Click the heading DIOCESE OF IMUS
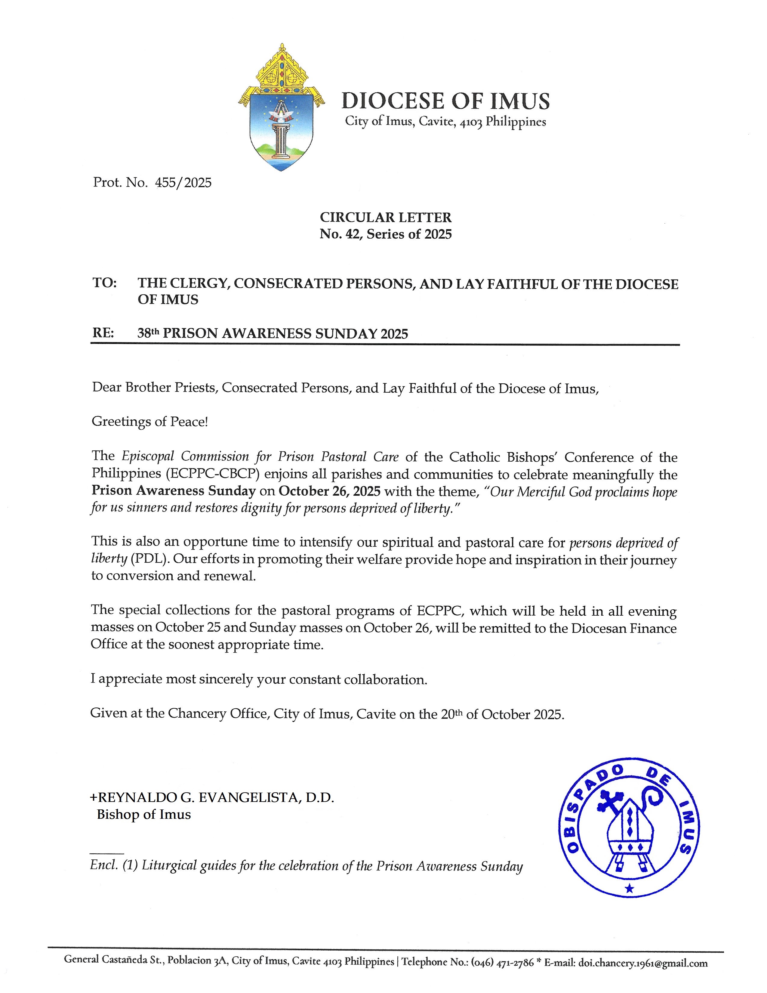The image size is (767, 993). point(445,101)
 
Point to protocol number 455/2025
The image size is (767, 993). point(183,183)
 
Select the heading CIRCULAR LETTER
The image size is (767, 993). point(385,217)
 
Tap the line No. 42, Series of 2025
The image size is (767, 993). point(385,234)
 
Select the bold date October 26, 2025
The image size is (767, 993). point(329,491)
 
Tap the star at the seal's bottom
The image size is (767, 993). point(629,888)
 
